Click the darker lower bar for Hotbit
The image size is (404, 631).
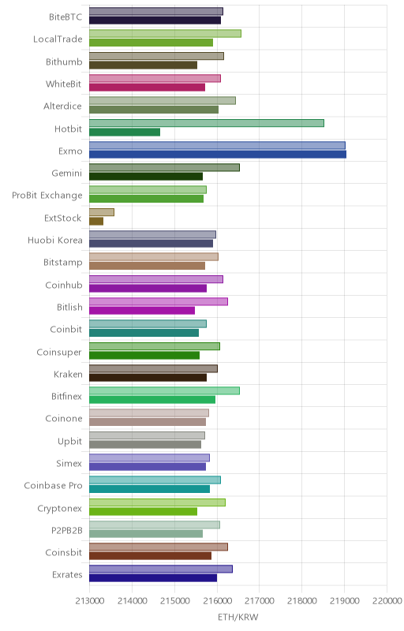click(125, 132)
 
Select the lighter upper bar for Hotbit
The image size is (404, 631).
click(207, 123)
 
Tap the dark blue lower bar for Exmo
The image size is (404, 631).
click(218, 154)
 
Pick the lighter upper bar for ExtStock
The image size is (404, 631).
click(102, 212)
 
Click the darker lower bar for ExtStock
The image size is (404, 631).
click(96, 222)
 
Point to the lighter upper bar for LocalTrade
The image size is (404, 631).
click(166, 33)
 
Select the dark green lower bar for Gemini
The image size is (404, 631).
click(146, 177)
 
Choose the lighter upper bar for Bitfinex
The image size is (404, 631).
click(165, 390)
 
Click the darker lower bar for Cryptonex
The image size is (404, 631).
click(144, 511)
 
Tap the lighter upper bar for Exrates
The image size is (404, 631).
click(161, 569)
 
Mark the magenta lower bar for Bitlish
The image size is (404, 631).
click(142, 311)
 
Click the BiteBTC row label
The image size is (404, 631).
click(65, 17)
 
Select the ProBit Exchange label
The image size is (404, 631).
click(47, 196)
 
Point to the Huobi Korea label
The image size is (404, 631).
click(55, 241)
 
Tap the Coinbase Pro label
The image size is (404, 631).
click(53, 485)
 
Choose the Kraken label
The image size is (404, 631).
click(68, 374)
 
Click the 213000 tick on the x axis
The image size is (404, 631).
click(89, 601)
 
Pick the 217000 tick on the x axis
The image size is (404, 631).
click(260, 601)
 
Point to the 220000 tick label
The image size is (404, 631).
click(387, 601)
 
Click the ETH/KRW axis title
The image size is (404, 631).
click(238, 617)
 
